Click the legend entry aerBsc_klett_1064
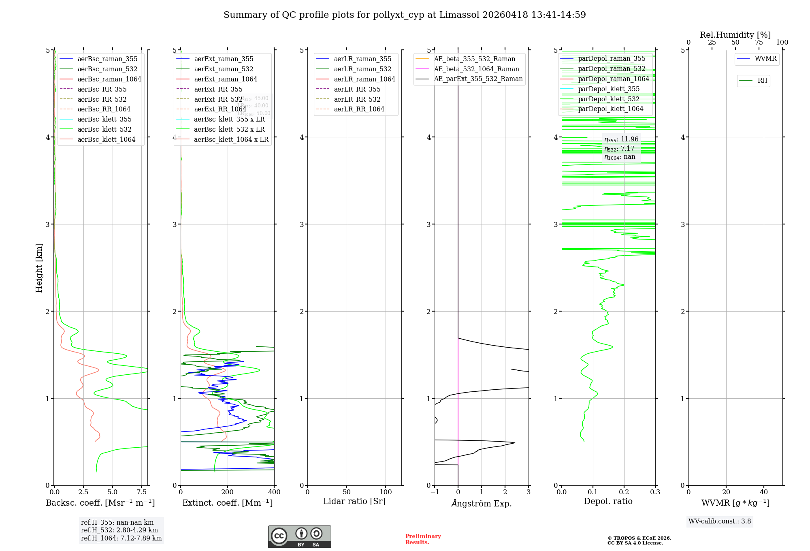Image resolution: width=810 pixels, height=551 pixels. coord(106,139)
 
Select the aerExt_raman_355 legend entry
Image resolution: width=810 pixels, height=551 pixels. coord(224,59)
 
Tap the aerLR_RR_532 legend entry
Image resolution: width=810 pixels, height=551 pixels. coord(357,99)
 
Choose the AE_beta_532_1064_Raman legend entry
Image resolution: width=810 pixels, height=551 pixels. coord(476,69)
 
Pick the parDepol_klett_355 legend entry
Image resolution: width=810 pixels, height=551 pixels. coord(609,89)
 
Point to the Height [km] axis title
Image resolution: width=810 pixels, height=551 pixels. coord(39,267)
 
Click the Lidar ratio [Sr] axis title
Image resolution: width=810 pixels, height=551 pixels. coord(354,501)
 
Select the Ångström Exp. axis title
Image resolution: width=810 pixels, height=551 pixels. coord(482,503)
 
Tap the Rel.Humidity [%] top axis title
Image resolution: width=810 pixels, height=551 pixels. coord(735,35)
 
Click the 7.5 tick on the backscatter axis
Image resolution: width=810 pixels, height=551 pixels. coord(141,492)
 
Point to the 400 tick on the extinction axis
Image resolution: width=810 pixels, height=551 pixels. coord(274,492)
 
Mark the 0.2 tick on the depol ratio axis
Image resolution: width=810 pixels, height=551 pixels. coord(624,492)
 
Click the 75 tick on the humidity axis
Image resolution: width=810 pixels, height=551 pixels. coord(759,43)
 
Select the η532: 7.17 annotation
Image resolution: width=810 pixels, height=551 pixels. coord(619,149)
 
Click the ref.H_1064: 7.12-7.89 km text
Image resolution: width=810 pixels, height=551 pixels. coord(121,538)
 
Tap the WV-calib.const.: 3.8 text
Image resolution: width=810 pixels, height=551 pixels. coord(720,521)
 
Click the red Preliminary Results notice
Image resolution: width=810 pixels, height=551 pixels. coord(423,539)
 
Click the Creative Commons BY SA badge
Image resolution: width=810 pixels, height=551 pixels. coord(299,536)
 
